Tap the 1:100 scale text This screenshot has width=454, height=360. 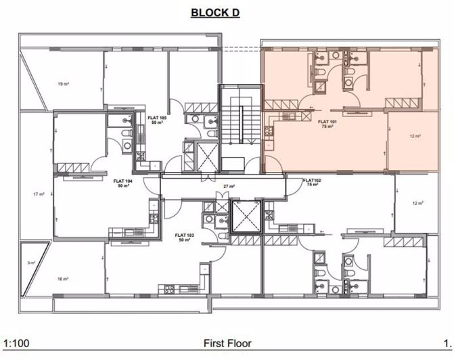pyautogui.click(x=16, y=344)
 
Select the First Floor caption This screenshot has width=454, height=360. pyautogui.click(x=227, y=344)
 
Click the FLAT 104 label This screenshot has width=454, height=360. pyautogui.click(x=122, y=181)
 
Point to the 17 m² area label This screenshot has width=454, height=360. pyautogui.click(x=39, y=194)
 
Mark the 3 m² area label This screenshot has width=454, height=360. pyautogui.click(x=30, y=263)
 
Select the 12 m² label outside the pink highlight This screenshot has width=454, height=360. pyautogui.click(x=417, y=203)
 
